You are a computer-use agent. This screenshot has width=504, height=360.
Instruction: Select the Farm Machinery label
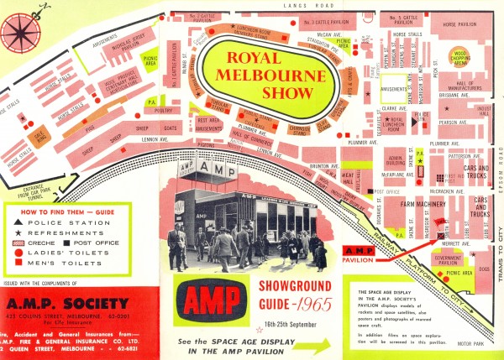(x=422, y=203)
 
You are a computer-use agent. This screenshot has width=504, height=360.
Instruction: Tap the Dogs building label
(x=484, y=269)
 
